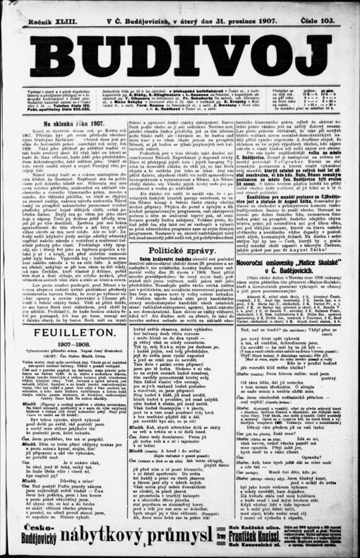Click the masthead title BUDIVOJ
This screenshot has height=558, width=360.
(179, 57)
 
